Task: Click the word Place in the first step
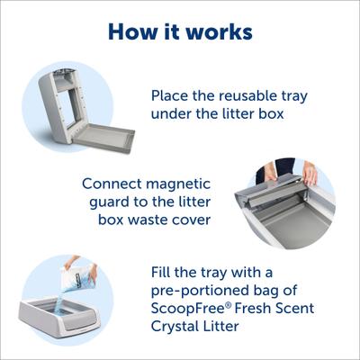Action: [172, 95]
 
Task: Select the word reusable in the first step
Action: [253, 95]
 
